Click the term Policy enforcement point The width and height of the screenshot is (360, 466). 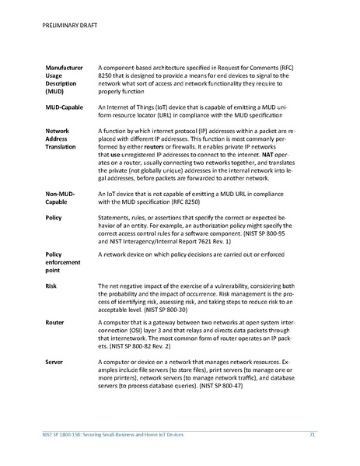(x=64, y=262)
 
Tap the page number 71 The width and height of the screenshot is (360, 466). (x=312, y=433)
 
